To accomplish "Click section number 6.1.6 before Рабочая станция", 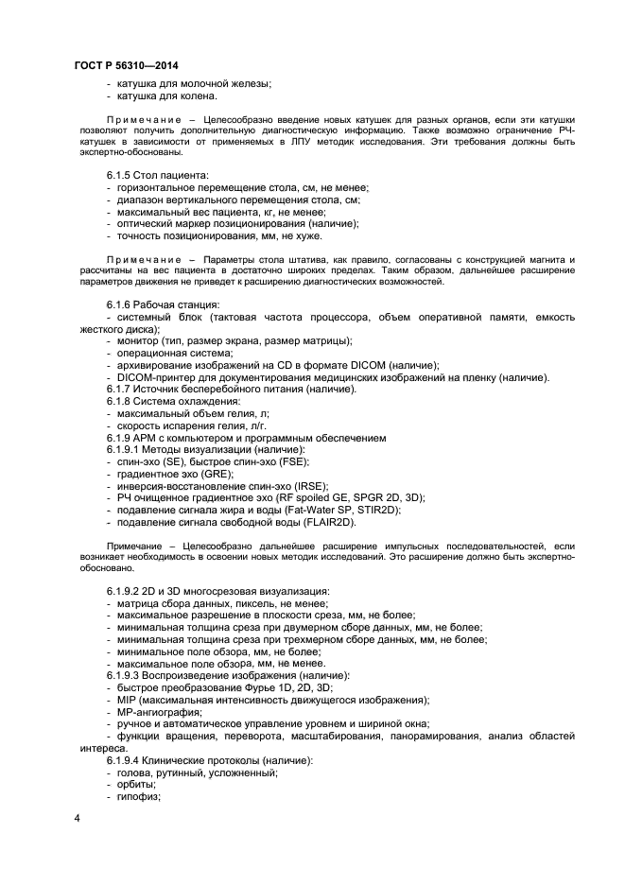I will pyautogui.click(x=121, y=304).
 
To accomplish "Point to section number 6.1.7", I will pyautogui.click(x=121, y=390).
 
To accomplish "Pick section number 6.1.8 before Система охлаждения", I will pyautogui.click(x=121, y=402).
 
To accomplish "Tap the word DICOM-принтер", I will pyautogui.click(x=157, y=377).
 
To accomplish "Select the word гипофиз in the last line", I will pyautogui.click(x=138, y=796).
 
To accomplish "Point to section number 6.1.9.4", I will pyautogui.click(x=127, y=760).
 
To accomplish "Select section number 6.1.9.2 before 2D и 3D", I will pyautogui.click(x=127, y=590).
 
